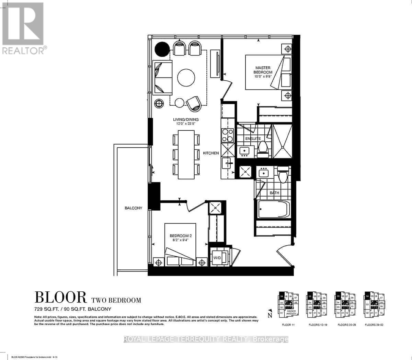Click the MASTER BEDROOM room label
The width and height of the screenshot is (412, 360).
point(263,70)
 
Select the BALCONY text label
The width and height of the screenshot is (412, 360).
point(133,208)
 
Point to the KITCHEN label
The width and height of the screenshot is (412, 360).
point(211,153)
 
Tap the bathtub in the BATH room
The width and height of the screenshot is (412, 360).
point(274,209)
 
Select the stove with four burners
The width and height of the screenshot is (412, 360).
point(227,135)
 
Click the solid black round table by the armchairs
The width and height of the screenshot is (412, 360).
point(162,49)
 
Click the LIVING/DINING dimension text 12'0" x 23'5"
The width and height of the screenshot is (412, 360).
point(186,124)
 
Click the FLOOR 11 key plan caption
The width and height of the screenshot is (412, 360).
point(288,325)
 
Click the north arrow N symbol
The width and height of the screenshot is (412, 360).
point(270,313)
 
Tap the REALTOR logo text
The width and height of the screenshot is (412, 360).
point(23,51)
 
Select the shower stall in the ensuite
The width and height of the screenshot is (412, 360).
point(282,141)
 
